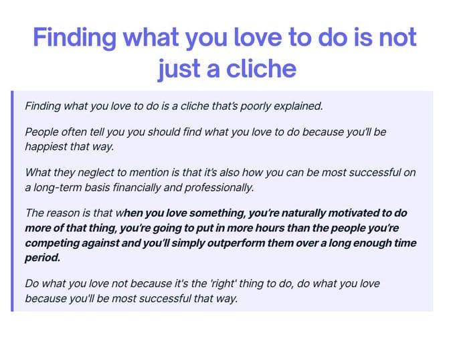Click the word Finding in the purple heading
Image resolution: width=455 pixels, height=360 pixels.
tap(74, 37)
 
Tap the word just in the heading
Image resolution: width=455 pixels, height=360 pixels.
tap(179, 69)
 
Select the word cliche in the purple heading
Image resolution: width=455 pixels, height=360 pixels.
tap(261, 69)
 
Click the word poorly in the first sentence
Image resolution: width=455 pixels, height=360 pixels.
tap(256, 106)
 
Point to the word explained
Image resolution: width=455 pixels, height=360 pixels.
tap(298, 106)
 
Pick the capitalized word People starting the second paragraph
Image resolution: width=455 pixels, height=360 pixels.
tap(41, 132)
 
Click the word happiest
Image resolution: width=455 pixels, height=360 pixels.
tap(46, 147)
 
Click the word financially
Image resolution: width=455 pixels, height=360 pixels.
tap(136, 187)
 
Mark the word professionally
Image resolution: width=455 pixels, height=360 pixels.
tap(219, 187)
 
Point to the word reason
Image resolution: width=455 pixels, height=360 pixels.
tap(63, 213)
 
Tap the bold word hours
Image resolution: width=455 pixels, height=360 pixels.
tap(270, 228)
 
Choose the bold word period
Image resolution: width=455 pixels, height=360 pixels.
tap(43, 258)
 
